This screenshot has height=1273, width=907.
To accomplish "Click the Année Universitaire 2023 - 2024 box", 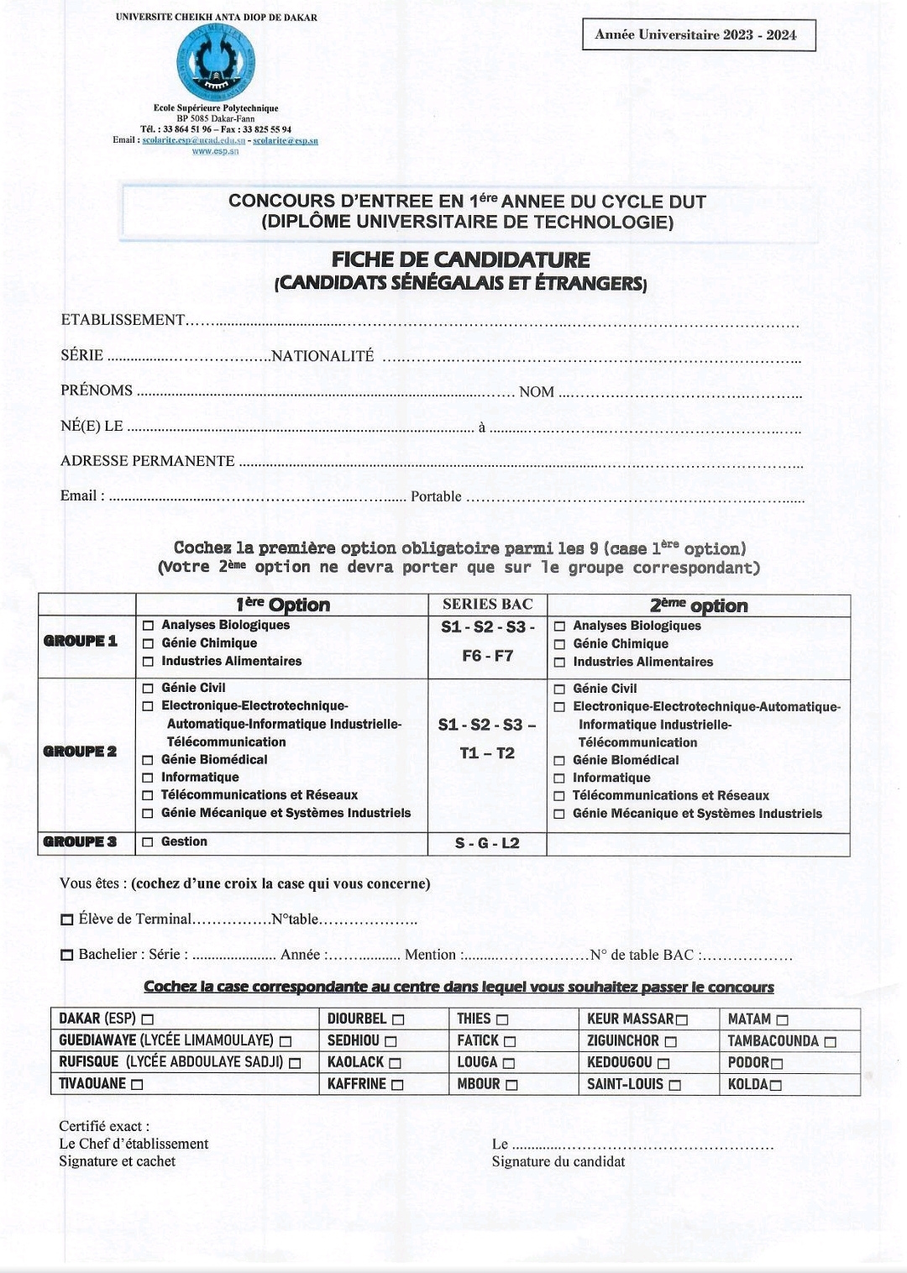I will pyautogui.click(x=698, y=35).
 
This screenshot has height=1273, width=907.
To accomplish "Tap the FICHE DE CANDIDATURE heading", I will pyautogui.click(x=460, y=259).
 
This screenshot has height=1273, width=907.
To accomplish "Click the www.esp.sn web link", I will pyautogui.click(x=216, y=151).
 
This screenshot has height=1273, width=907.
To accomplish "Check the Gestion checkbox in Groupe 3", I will pyautogui.click(x=148, y=842).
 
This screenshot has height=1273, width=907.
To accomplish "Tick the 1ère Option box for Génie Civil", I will pyautogui.click(x=148, y=689).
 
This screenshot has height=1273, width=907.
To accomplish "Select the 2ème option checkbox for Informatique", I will pyautogui.click(x=559, y=778).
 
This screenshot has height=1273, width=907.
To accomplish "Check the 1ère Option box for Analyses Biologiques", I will pyautogui.click(x=148, y=626).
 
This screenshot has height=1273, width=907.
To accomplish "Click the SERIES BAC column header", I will pyautogui.click(x=487, y=605).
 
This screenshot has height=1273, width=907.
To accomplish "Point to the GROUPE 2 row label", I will pyautogui.click(x=81, y=752).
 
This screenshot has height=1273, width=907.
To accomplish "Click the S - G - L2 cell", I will pyautogui.click(x=487, y=843).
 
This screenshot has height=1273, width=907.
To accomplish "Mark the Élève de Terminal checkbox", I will pyautogui.click(x=67, y=920).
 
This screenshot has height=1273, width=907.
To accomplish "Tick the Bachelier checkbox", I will pyautogui.click(x=67, y=956).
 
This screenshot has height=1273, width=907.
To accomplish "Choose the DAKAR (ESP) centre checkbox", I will pyautogui.click(x=148, y=1019).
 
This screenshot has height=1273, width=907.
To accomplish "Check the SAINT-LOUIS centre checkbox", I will pyautogui.click(x=674, y=1085).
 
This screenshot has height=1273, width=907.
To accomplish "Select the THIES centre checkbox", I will pyautogui.click(x=502, y=1019).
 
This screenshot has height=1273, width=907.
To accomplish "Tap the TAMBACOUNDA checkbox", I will pyautogui.click(x=830, y=1042).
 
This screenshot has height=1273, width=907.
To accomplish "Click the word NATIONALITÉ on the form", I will pyautogui.click(x=322, y=356).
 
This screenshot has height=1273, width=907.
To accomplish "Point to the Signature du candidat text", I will pyautogui.click(x=558, y=1161).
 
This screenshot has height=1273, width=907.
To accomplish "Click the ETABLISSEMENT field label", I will pyautogui.click(x=123, y=320).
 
